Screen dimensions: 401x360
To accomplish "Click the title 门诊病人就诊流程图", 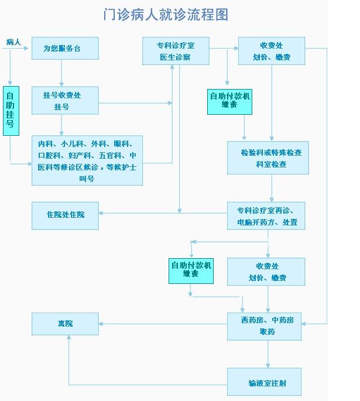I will point(165,15).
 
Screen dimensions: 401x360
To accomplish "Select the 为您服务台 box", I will point(65,49).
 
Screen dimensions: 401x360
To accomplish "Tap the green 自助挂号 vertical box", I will point(11,111).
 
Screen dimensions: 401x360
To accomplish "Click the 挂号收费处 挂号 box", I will point(65,100).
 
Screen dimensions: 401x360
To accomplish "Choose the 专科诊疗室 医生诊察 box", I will point(175,51).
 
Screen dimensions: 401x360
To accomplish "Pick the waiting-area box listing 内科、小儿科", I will point(87,160).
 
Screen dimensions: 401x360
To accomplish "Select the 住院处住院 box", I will point(65,215).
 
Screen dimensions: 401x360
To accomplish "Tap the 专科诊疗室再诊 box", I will point(266,216).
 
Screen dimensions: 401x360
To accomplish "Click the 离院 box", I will point(65,323).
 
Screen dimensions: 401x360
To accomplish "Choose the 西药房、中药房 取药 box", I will point(266,326).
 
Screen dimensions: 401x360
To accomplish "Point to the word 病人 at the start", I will point(13,42).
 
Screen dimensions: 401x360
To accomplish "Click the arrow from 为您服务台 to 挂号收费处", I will point(61,73).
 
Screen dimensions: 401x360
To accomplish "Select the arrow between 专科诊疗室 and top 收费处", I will point(223,48).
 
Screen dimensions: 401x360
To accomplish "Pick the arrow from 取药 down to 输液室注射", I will point(268,354).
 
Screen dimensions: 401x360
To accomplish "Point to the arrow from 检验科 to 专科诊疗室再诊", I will point(272,188).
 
